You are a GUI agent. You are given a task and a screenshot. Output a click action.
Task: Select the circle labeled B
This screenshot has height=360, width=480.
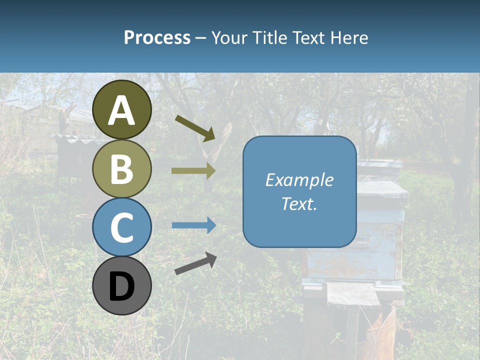pyautogui.click(x=122, y=168)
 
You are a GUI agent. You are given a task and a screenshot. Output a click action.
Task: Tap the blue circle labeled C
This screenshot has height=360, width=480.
pyautogui.click(x=122, y=227)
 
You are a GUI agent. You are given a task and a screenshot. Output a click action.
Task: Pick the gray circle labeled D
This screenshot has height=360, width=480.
pyautogui.click(x=122, y=285)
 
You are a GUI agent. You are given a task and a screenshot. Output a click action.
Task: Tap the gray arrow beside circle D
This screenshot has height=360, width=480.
pyautogui.click(x=195, y=263)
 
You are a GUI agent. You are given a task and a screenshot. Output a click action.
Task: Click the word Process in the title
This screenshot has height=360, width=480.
pyautogui.click(x=157, y=37)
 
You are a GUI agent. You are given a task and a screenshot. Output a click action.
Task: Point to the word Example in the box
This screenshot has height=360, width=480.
pyautogui.click(x=299, y=180)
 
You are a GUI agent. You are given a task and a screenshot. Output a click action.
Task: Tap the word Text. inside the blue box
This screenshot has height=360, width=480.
pyautogui.click(x=299, y=203)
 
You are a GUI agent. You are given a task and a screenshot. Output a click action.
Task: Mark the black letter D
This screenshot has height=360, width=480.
pyautogui.click(x=122, y=287)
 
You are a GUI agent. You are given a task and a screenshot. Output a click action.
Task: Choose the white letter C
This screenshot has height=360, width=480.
pyautogui.click(x=122, y=227)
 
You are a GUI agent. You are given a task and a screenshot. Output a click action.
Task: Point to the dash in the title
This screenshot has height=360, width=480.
pyautogui.click(x=201, y=38)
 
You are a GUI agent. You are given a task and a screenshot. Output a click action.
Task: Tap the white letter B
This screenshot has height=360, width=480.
pyautogui.click(x=122, y=169)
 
